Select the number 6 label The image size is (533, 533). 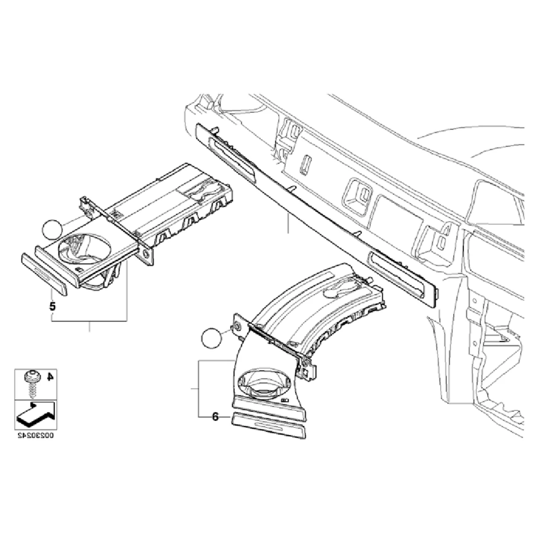tap(215, 417)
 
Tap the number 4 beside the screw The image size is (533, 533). tap(50, 378)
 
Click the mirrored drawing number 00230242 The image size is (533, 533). tap(35, 436)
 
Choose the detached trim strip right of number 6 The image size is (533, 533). tap(268, 426)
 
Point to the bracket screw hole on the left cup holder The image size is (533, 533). tap(145, 254)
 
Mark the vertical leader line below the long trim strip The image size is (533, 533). tap(288, 222)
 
